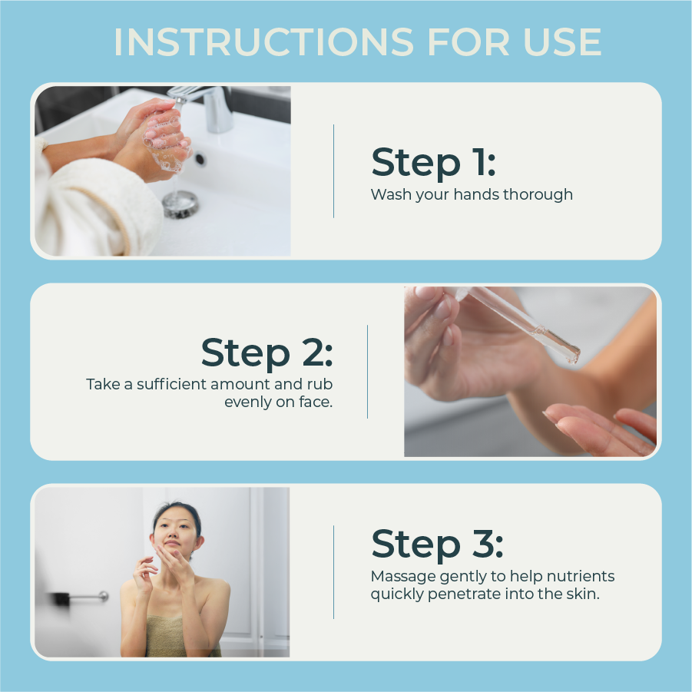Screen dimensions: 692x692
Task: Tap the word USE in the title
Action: pos(562,42)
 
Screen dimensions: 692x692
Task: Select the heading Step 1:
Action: pos(433,162)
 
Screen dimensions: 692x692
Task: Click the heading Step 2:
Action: pos(267,353)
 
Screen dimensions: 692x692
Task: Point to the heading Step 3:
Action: pos(437,545)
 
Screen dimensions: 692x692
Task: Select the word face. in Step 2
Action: pos(315,402)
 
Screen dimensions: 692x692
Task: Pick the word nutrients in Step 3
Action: pos(581,576)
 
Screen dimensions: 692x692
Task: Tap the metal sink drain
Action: pos(180,204)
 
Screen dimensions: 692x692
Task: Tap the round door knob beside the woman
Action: pos(103,596)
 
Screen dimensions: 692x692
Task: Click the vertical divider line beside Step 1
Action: pos(333,171)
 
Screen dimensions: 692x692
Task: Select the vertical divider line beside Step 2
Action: pos(367,372)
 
